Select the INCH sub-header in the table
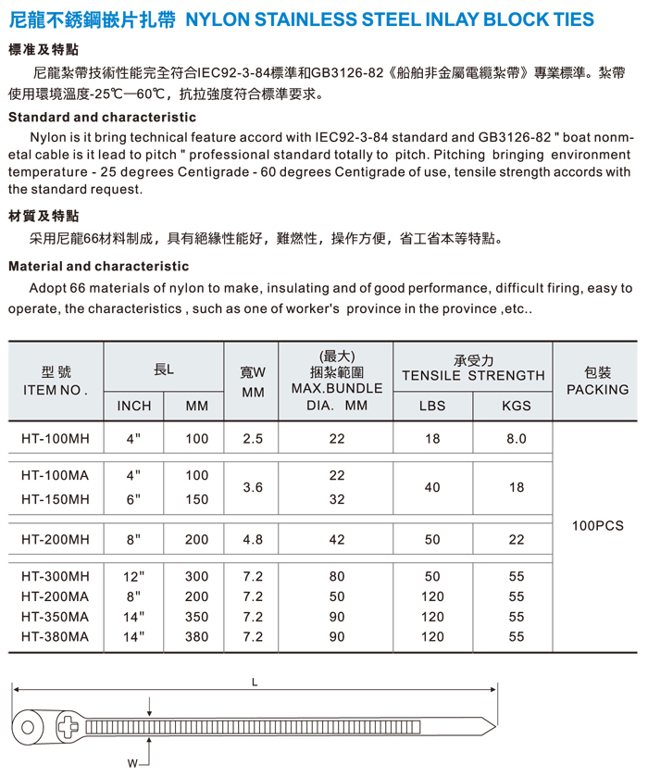point(134,406)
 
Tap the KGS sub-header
point(516,406)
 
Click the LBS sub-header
point(432,406)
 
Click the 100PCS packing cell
point(598,525)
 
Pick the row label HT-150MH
point(56,499)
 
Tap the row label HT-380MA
point(56,637)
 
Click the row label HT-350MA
point(56,617)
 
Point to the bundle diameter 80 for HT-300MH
point(336,576)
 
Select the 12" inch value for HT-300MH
point(134,576)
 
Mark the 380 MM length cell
point(197,637)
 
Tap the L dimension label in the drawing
point(255,683)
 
